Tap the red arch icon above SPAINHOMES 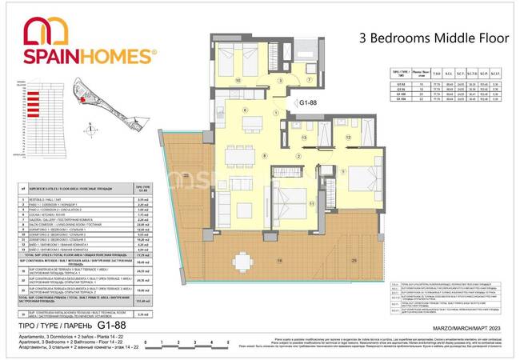[46, 30]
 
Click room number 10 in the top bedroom [238, 79]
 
